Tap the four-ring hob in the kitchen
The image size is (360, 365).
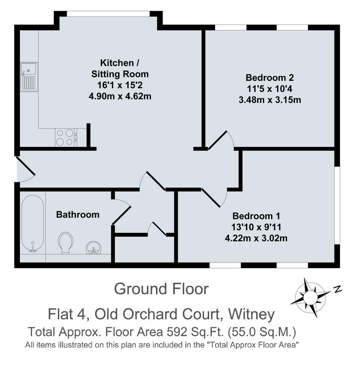[x=65, y=137]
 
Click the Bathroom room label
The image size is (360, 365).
[x=78, y=214]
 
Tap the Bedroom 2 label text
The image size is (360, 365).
[x=270, y=78]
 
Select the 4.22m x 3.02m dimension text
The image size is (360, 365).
[x=256, y=238]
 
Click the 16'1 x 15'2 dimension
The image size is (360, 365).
[x=120, y=85]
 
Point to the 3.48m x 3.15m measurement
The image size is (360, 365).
[x=270, y=99]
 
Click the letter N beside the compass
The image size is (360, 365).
[x=337, y=289]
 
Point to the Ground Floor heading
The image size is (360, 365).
[x=161, y=289]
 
